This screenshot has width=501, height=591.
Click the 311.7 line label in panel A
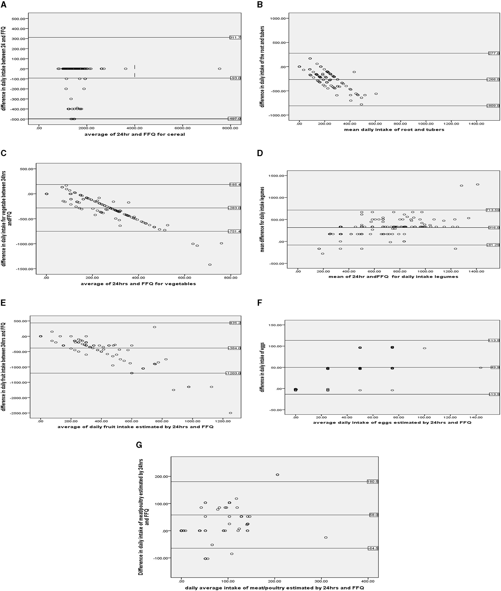235,38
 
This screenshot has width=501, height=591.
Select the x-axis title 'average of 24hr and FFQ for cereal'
135,134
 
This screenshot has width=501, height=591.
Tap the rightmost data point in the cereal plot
219,69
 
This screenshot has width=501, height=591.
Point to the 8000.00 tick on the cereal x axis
230,128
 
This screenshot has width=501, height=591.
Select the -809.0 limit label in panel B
493,106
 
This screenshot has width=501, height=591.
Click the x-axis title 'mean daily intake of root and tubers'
394,130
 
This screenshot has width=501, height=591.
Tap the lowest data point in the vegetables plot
210,265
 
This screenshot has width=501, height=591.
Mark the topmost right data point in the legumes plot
478,185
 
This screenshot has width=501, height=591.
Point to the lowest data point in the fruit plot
230,413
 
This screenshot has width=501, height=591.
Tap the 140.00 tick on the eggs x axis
476,417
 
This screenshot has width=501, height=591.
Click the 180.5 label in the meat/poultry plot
373,482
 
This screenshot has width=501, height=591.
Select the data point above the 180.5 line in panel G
277,475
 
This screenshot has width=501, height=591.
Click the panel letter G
139,445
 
